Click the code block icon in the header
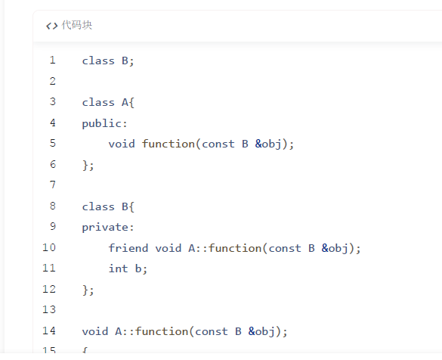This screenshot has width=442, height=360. [52, 26]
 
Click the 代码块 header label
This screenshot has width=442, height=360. [76, 25]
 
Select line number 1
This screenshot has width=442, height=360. [52, 60]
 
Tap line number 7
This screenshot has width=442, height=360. [52, 185]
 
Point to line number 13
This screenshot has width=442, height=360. [49, 309]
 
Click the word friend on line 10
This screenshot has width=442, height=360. [128, 248]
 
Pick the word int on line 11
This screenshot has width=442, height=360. [119, 268]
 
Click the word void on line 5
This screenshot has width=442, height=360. [122, 144]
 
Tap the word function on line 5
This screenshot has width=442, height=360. [168, 144]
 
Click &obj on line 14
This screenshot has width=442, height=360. [261, 331]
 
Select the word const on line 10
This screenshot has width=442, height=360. [285, 248]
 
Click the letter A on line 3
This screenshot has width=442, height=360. [125, 102]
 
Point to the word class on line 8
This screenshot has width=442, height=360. [98, 206]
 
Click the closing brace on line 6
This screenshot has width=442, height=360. [85, 165]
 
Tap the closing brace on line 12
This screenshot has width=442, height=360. [85, 290]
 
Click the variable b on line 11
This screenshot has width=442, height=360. [138, 268]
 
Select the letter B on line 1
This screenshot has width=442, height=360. [125, 61]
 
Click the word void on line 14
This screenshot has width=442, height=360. [95, 331]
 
